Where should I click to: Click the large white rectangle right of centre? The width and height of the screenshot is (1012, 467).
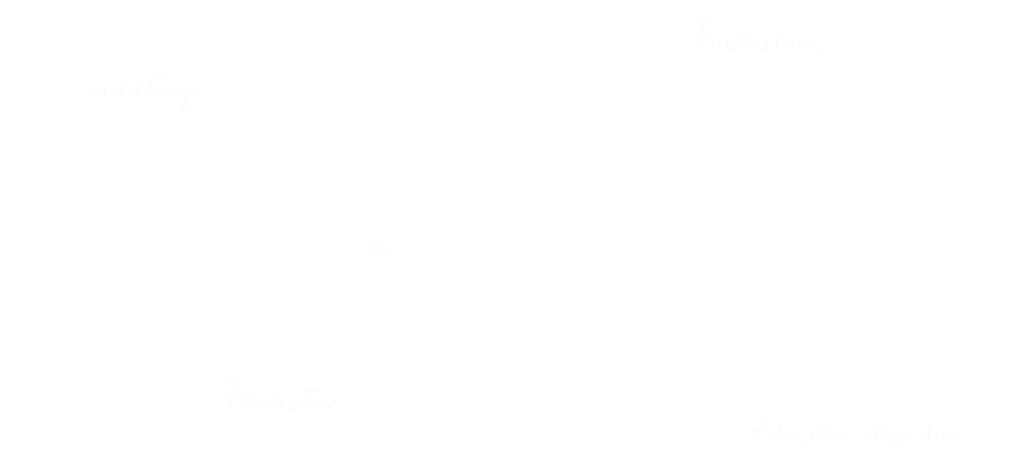tap(613, 239)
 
